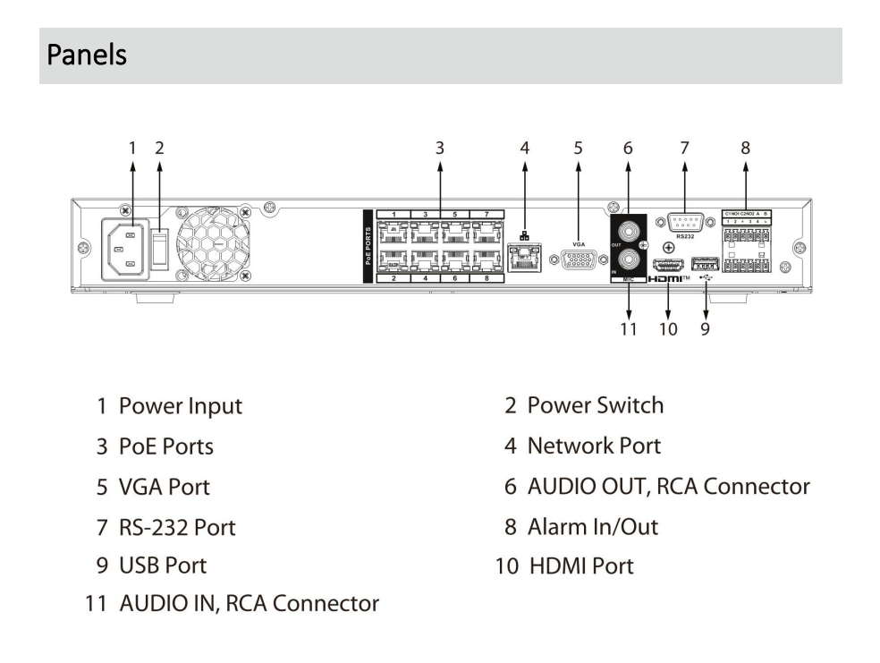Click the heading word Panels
[87, 55]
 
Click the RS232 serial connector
[683, 224]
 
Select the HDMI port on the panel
[667, 266]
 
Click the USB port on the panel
[705, 265]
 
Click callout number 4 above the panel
[526, 149]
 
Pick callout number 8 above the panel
[745, 149]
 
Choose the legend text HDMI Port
[580, 565]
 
